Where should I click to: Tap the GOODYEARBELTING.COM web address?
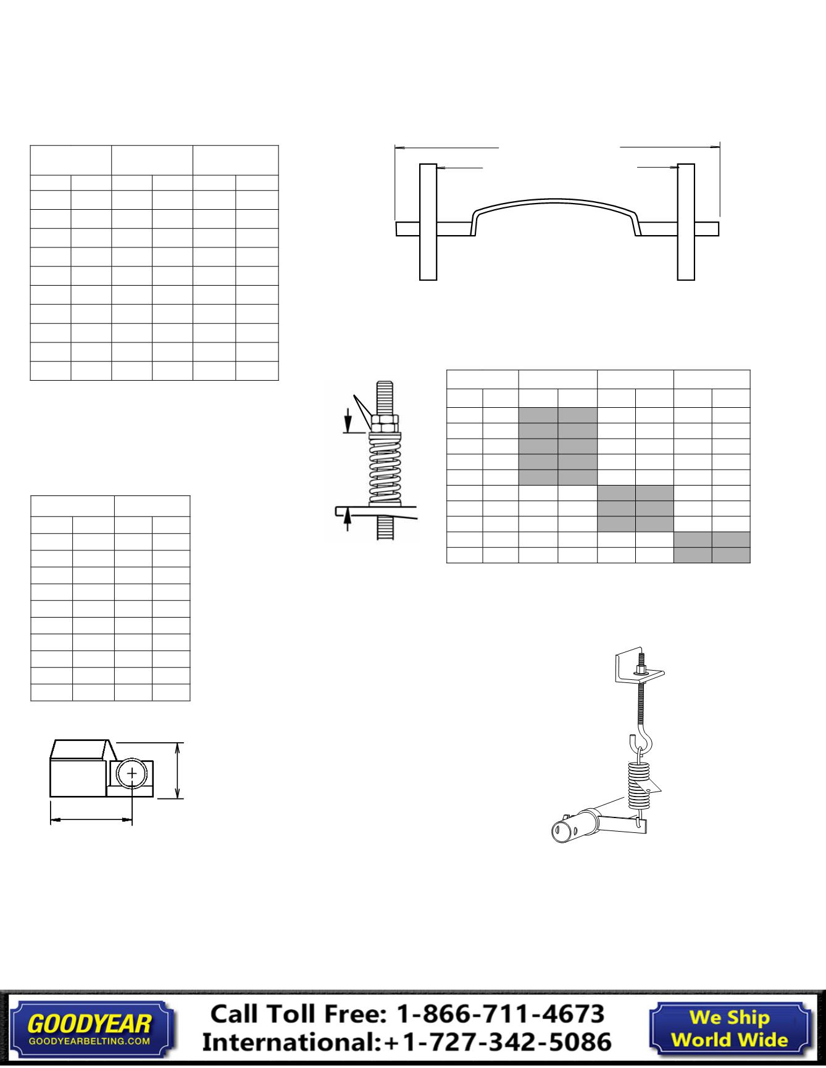point(90,1041)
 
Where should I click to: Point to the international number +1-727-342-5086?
point(498,1042)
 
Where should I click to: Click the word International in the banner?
point(290,1042)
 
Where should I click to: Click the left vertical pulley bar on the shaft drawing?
point(428,221)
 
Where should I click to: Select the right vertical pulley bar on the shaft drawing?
point(686,221)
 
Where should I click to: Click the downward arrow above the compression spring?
point(348,421)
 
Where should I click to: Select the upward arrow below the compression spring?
point(348,518)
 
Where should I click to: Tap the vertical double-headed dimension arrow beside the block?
point(178,771)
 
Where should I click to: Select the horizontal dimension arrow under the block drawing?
point(91,820)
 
